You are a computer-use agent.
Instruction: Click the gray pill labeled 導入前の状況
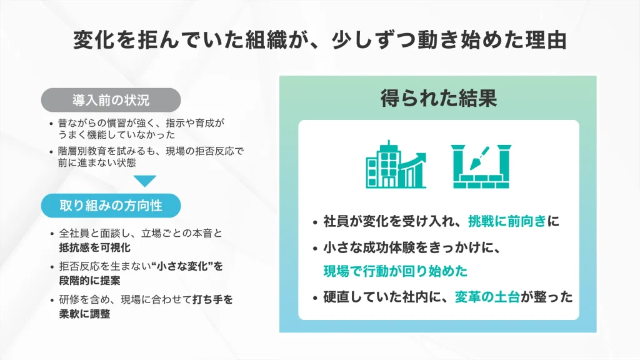111,100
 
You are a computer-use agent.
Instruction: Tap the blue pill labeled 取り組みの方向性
111,205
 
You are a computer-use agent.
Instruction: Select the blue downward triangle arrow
144,181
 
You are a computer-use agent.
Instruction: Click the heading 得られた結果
438,98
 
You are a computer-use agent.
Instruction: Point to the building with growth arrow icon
396,164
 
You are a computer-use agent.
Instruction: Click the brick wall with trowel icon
481,166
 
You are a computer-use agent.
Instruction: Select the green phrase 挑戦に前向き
507,221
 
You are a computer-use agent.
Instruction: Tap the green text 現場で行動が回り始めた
395,271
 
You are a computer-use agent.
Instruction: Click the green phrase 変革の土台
487,297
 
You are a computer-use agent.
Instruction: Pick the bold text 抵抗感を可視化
95,247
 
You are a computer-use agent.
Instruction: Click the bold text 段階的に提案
90,281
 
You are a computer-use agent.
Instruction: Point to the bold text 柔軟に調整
84,314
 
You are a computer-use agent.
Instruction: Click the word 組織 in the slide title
266,41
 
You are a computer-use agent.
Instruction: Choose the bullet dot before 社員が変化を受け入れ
315,223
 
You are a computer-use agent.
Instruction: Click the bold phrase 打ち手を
212,299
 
